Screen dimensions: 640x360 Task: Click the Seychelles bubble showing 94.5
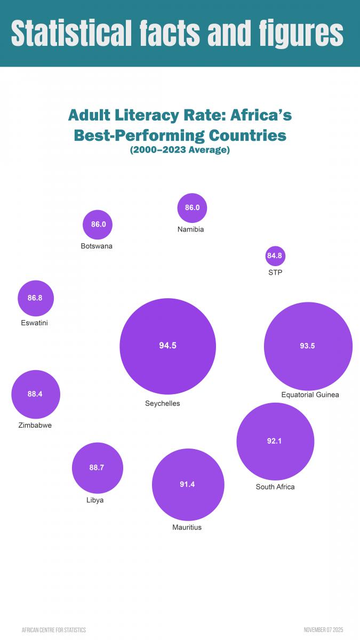167,346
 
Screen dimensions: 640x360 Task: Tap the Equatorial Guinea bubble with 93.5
308,346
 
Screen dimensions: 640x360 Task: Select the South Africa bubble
275,441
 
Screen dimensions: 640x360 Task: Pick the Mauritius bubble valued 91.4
188,484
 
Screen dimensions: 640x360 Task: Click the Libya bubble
97,468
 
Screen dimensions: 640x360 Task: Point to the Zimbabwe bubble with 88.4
35,394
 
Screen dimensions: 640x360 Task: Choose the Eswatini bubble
35,298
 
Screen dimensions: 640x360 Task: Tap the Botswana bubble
98,225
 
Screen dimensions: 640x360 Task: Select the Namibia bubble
192,207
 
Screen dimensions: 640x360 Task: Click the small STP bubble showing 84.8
275,256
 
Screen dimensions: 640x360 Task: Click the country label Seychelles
163,404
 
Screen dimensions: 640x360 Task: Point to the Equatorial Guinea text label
310,395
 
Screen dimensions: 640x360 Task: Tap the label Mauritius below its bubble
187,527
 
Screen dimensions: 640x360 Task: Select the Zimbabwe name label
35,426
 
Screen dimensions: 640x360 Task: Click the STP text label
275,273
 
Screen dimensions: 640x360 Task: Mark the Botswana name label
97,246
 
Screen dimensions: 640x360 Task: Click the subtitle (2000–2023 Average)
180,150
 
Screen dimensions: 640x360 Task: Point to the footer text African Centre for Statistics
54,630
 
